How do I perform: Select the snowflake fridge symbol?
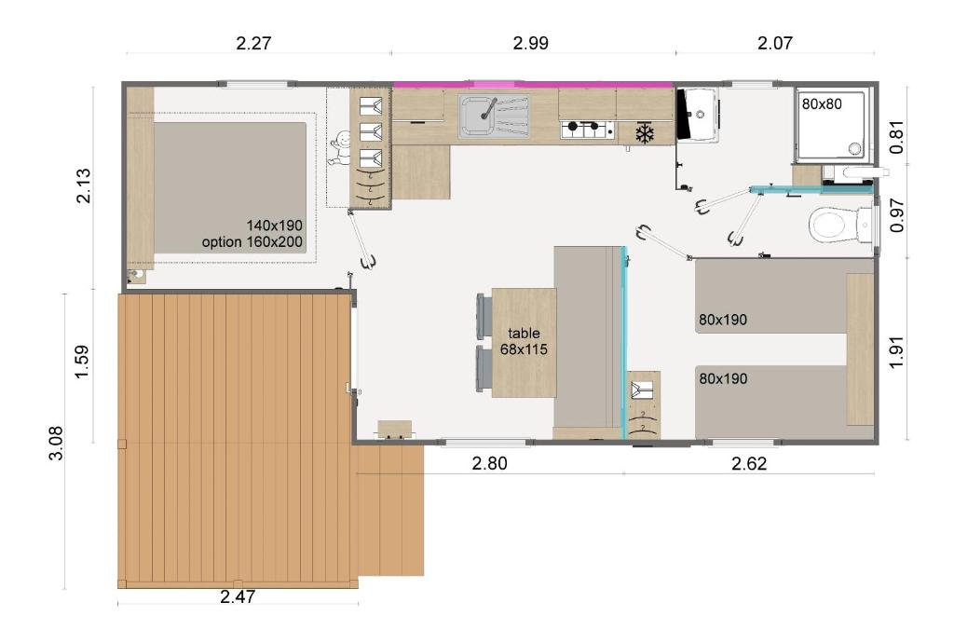pos(645,134)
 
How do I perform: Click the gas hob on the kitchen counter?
pos(587,129)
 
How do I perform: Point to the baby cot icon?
pos(338,149)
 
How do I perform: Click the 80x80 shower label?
pos(822,104)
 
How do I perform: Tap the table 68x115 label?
pos(524,341)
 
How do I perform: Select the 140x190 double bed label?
pos(275,226)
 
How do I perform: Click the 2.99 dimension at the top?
pos(530,43)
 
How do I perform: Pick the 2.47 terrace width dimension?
pos(238,596)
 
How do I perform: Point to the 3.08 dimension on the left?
pos(55,444)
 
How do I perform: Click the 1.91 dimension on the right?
pos(896,352)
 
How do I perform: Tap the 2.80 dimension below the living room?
pos(489,463)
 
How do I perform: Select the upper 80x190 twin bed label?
pos(723,320)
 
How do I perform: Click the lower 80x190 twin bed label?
pos(723,378)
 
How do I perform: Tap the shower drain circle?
pos(855,148)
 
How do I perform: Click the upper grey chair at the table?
pos(484,316)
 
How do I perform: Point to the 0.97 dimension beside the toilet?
pos(896,215)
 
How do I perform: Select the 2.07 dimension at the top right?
pos(774,43)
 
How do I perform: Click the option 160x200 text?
pos(252,242)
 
